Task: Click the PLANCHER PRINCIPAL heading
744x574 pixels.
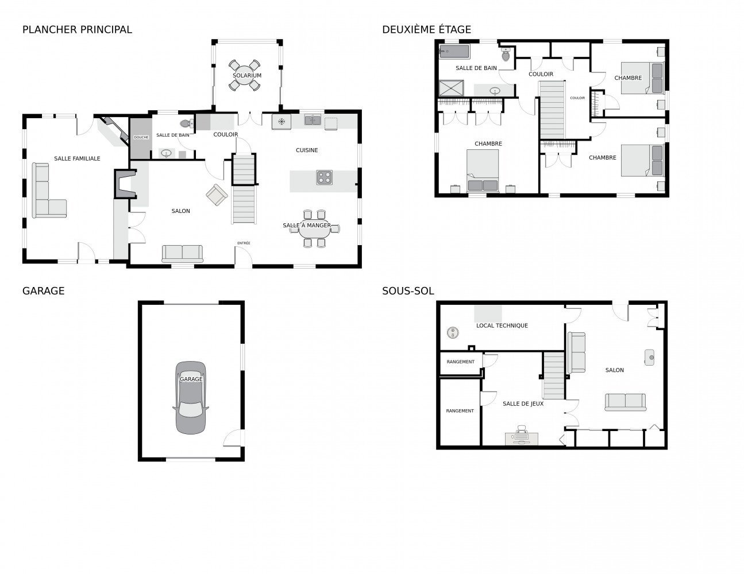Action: (77, 30)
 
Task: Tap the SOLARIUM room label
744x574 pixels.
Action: (247, 75)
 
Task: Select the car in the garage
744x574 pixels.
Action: (191, 397)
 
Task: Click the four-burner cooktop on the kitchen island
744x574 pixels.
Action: (324, 177)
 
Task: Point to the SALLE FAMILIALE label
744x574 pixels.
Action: (77, 158)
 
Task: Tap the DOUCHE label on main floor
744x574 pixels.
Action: (141, 137)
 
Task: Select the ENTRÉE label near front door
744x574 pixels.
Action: (244, 243)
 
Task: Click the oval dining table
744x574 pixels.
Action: (314, 228)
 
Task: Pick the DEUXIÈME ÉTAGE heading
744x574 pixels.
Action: (426, 30)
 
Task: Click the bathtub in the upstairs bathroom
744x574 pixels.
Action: (454, 51)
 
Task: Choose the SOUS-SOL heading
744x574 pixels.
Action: (408, 291)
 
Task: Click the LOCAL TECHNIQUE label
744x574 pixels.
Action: (502, 325)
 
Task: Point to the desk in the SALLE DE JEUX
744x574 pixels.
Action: (521, 439)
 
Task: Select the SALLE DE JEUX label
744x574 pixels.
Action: (523, 404)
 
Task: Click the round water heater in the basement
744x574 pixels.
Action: (453, 332)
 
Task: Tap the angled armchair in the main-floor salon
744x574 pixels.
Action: (217, 195)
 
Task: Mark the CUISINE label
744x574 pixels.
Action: (307, 150)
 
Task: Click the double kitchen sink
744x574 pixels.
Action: (313, 120)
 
